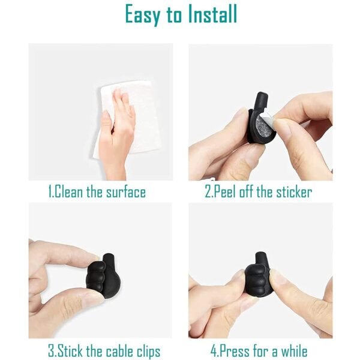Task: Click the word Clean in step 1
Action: (71, 193)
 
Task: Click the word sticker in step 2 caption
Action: (290, 193)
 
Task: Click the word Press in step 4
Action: (236, 350)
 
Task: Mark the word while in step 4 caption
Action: (292, 350)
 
